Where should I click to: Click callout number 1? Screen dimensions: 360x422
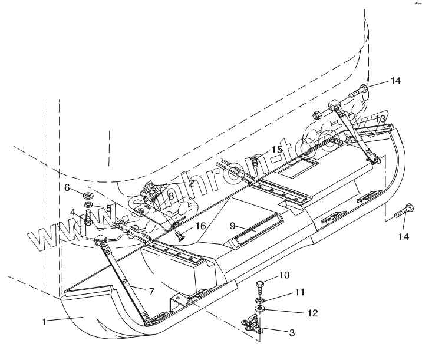click(x=44, y=322)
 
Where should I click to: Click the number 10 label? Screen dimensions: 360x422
click(x=284, y=274)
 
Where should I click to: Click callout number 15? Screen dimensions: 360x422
click(x=277, y=150)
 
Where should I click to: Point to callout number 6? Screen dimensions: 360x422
click(x=67, y=187)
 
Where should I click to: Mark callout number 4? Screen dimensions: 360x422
click(x=73, y=212)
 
